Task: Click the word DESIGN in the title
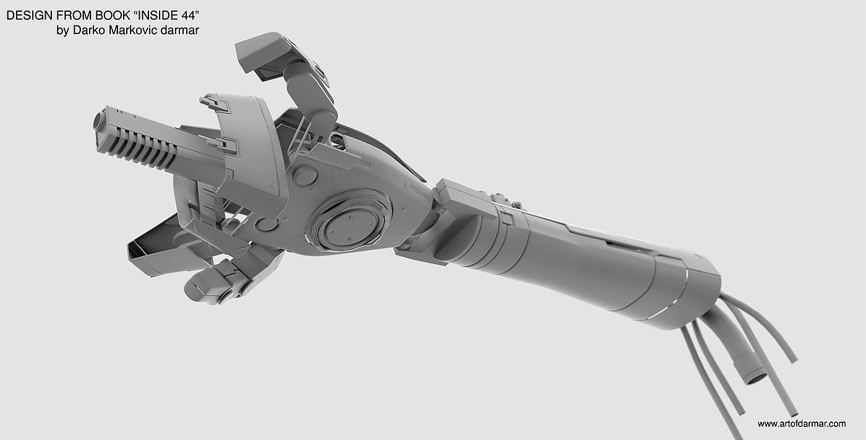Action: point(30,15)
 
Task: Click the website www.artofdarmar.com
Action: point(802,424)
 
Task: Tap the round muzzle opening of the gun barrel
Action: point(98,121)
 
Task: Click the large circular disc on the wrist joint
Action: point(350,223)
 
